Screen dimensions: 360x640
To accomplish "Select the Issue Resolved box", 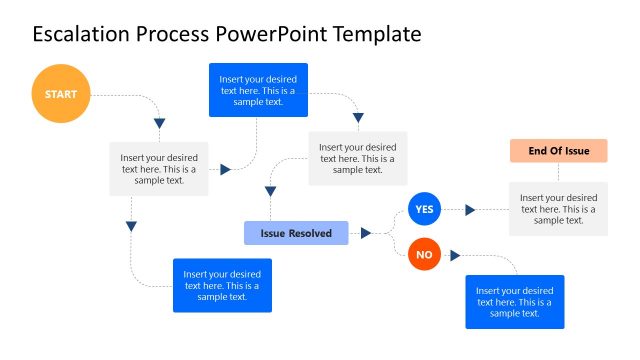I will [x=296, y=233].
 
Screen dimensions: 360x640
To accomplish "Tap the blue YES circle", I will [x=424, y=209].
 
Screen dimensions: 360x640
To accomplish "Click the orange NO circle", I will [x=424, y=255].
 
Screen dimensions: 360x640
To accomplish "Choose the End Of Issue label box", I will [x=558, y=151].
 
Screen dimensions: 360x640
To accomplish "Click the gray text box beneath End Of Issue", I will [x=558, y=209].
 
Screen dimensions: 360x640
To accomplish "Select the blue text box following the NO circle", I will [x=514, y=302].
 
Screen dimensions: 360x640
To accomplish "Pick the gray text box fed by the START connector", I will [x=159, y=168].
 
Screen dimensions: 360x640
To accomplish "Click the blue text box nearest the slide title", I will [x=258, y=90].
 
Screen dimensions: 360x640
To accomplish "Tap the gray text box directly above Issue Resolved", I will [x=357, y=158].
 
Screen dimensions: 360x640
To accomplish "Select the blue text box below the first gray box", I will [x=222, y=285].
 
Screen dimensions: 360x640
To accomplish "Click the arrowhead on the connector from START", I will [x=159, y=123].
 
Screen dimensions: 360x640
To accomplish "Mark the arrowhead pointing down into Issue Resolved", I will [x=270, y=190].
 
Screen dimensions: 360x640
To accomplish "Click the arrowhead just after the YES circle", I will [x=468, y=210].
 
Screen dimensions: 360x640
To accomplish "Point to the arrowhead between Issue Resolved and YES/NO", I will [x=366, y=233].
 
